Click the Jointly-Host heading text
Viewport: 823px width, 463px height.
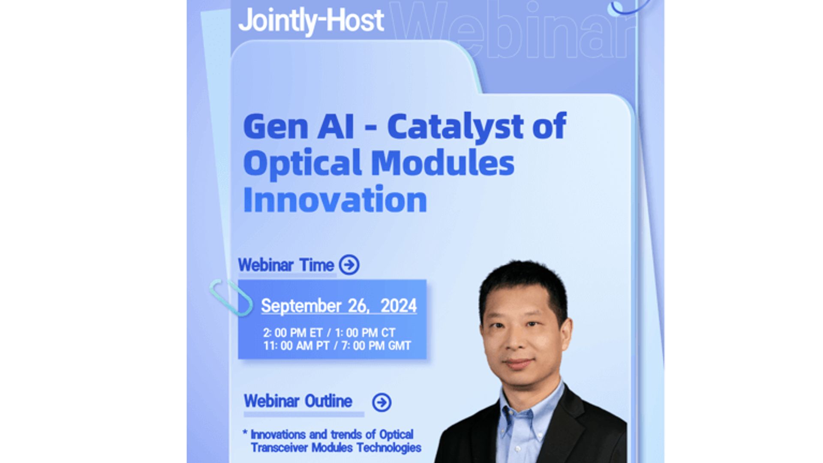click(x=311, y=21)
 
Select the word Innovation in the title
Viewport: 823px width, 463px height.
click(x=335, y=200)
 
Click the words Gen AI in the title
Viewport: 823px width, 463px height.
click(x=299, y=126)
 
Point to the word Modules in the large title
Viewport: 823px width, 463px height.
click(x=442, y=163)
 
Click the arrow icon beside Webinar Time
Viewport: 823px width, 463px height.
click(x=349, y=265)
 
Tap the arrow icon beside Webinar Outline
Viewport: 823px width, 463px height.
click(x=381, y=402)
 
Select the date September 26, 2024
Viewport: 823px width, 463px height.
click(x=339, y=306)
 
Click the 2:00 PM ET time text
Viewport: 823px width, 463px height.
click(x=293, y=333)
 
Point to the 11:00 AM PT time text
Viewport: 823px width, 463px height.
click(x=296, y=346)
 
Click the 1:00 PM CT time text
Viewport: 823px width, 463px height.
click(x=365, y=333)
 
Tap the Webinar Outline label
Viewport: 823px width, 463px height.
click(x=298, y=401)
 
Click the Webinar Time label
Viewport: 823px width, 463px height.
click(x=286, y=265)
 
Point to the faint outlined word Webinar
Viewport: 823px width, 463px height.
click(x=512, y=30)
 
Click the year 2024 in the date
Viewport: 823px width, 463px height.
click(x=399, y=306)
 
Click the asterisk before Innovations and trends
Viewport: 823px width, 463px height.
click(x=245, y=432)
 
